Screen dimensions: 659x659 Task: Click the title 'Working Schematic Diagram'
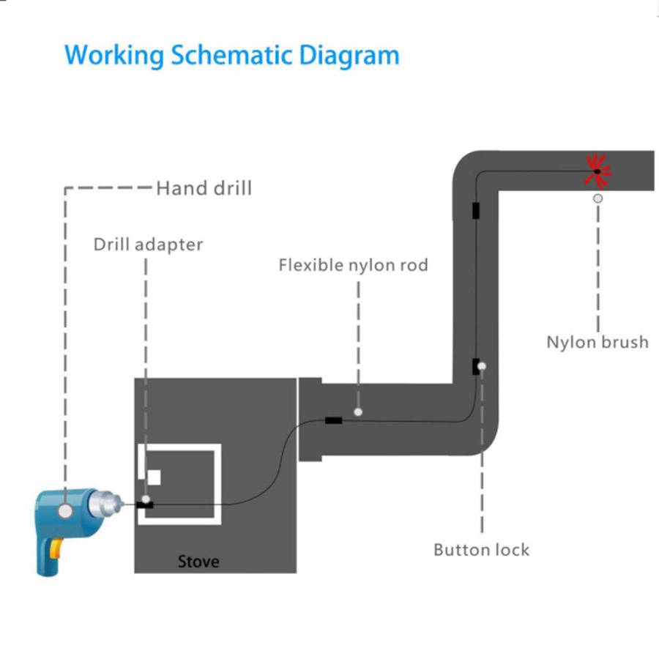[231, 56]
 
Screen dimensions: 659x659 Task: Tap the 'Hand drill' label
[204, 188]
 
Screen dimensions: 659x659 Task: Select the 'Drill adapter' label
[148, 244]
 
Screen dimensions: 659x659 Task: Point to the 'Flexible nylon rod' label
[353, 264]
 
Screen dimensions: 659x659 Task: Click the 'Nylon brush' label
[597, 341]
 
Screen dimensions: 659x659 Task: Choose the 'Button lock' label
[481, 549]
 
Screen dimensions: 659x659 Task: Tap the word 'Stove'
[198, 562]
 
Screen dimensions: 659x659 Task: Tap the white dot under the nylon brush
[598, 198]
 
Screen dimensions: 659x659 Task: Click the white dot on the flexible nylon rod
[358, 412]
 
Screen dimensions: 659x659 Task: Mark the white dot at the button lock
[481, 365]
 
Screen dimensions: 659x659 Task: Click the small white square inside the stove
[154, 477]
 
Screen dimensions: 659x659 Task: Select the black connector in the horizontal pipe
[333, 420]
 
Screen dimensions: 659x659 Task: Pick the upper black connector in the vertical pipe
[476, 211]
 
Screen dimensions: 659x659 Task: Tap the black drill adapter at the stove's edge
[145, 505]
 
